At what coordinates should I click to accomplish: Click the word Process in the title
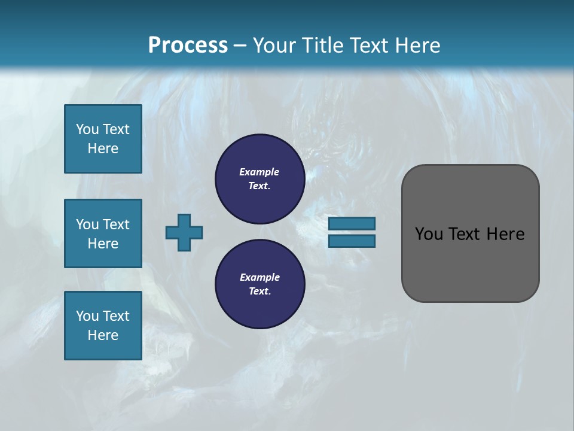click(x=188, y=45)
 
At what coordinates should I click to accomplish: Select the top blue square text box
click(x=103, y=139)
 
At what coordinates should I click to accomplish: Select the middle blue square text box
click(x=103, y=233)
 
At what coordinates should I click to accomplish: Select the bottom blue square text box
click(x=103, y=326)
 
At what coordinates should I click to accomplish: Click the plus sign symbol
click(x=184, y=232)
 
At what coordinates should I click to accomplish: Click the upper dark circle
click(x=259, y=179)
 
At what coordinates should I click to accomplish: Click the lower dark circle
click(x=259, y=284)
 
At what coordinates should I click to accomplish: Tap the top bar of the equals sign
click(x=352, y=224)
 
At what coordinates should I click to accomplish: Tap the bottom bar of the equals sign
click(x=352, y=241)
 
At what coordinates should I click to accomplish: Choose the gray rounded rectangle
click(x=470, y=263)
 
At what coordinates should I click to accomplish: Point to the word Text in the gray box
click(x=466, y=234)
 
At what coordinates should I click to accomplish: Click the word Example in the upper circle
click(x=259, y=172)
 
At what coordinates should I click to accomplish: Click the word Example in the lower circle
click(x=259, y=277)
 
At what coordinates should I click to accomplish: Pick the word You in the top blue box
click(x=87, y=129)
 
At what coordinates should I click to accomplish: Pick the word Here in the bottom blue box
click(x=103, y=335)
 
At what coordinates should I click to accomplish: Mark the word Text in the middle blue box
click(x=116, y=224)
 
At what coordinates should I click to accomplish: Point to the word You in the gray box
click(x=429, y=234)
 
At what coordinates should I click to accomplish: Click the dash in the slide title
click(x=240, y=45)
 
